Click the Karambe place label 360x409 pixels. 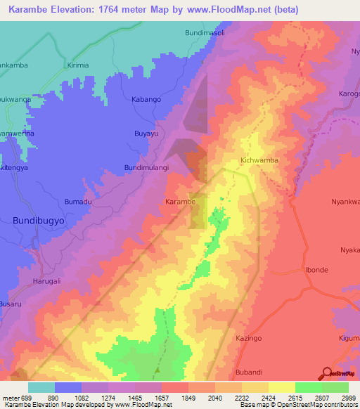(x=180, y=202)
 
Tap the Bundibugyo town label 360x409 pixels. (x=38, y=221)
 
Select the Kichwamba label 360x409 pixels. (x=259, y=160)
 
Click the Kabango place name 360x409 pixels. (x=147, y=100)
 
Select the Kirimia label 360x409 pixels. (x=79, y=65)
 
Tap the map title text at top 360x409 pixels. (x=153, y=9)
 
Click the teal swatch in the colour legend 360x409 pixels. (x=41, y=387)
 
